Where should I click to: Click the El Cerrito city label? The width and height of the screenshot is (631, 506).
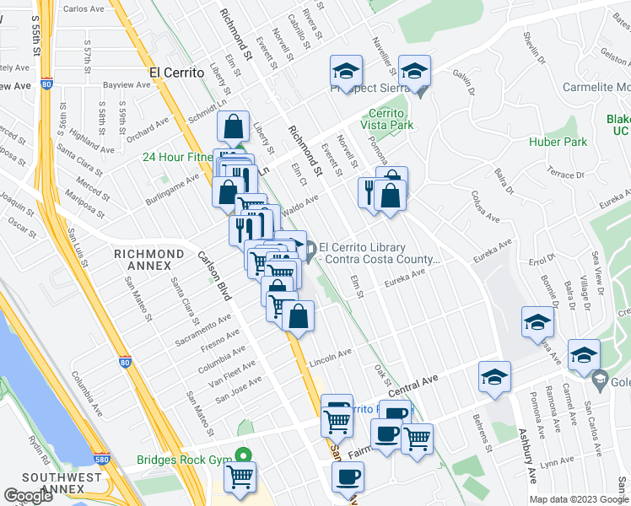177,73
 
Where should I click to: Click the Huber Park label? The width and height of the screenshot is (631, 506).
558,142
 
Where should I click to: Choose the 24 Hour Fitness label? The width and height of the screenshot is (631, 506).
177,157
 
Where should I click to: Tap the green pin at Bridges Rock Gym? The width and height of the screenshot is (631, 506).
243,453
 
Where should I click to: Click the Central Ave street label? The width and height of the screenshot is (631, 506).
415,384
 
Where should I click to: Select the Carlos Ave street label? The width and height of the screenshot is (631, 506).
84,9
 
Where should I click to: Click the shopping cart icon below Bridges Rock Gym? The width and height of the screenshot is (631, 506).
240,476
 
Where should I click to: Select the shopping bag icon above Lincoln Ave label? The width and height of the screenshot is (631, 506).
299,317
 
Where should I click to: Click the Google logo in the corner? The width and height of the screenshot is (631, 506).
29,496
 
